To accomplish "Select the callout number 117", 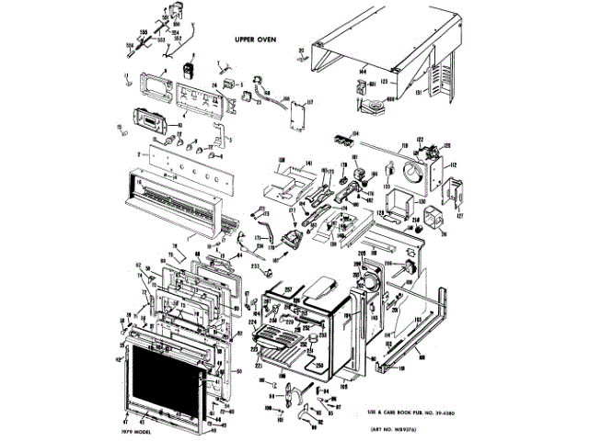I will tap(310, 103).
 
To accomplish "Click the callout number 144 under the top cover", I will tap(363, 70).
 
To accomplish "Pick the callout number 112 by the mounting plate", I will tap(453, 165).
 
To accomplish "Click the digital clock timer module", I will tap(149, 119).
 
